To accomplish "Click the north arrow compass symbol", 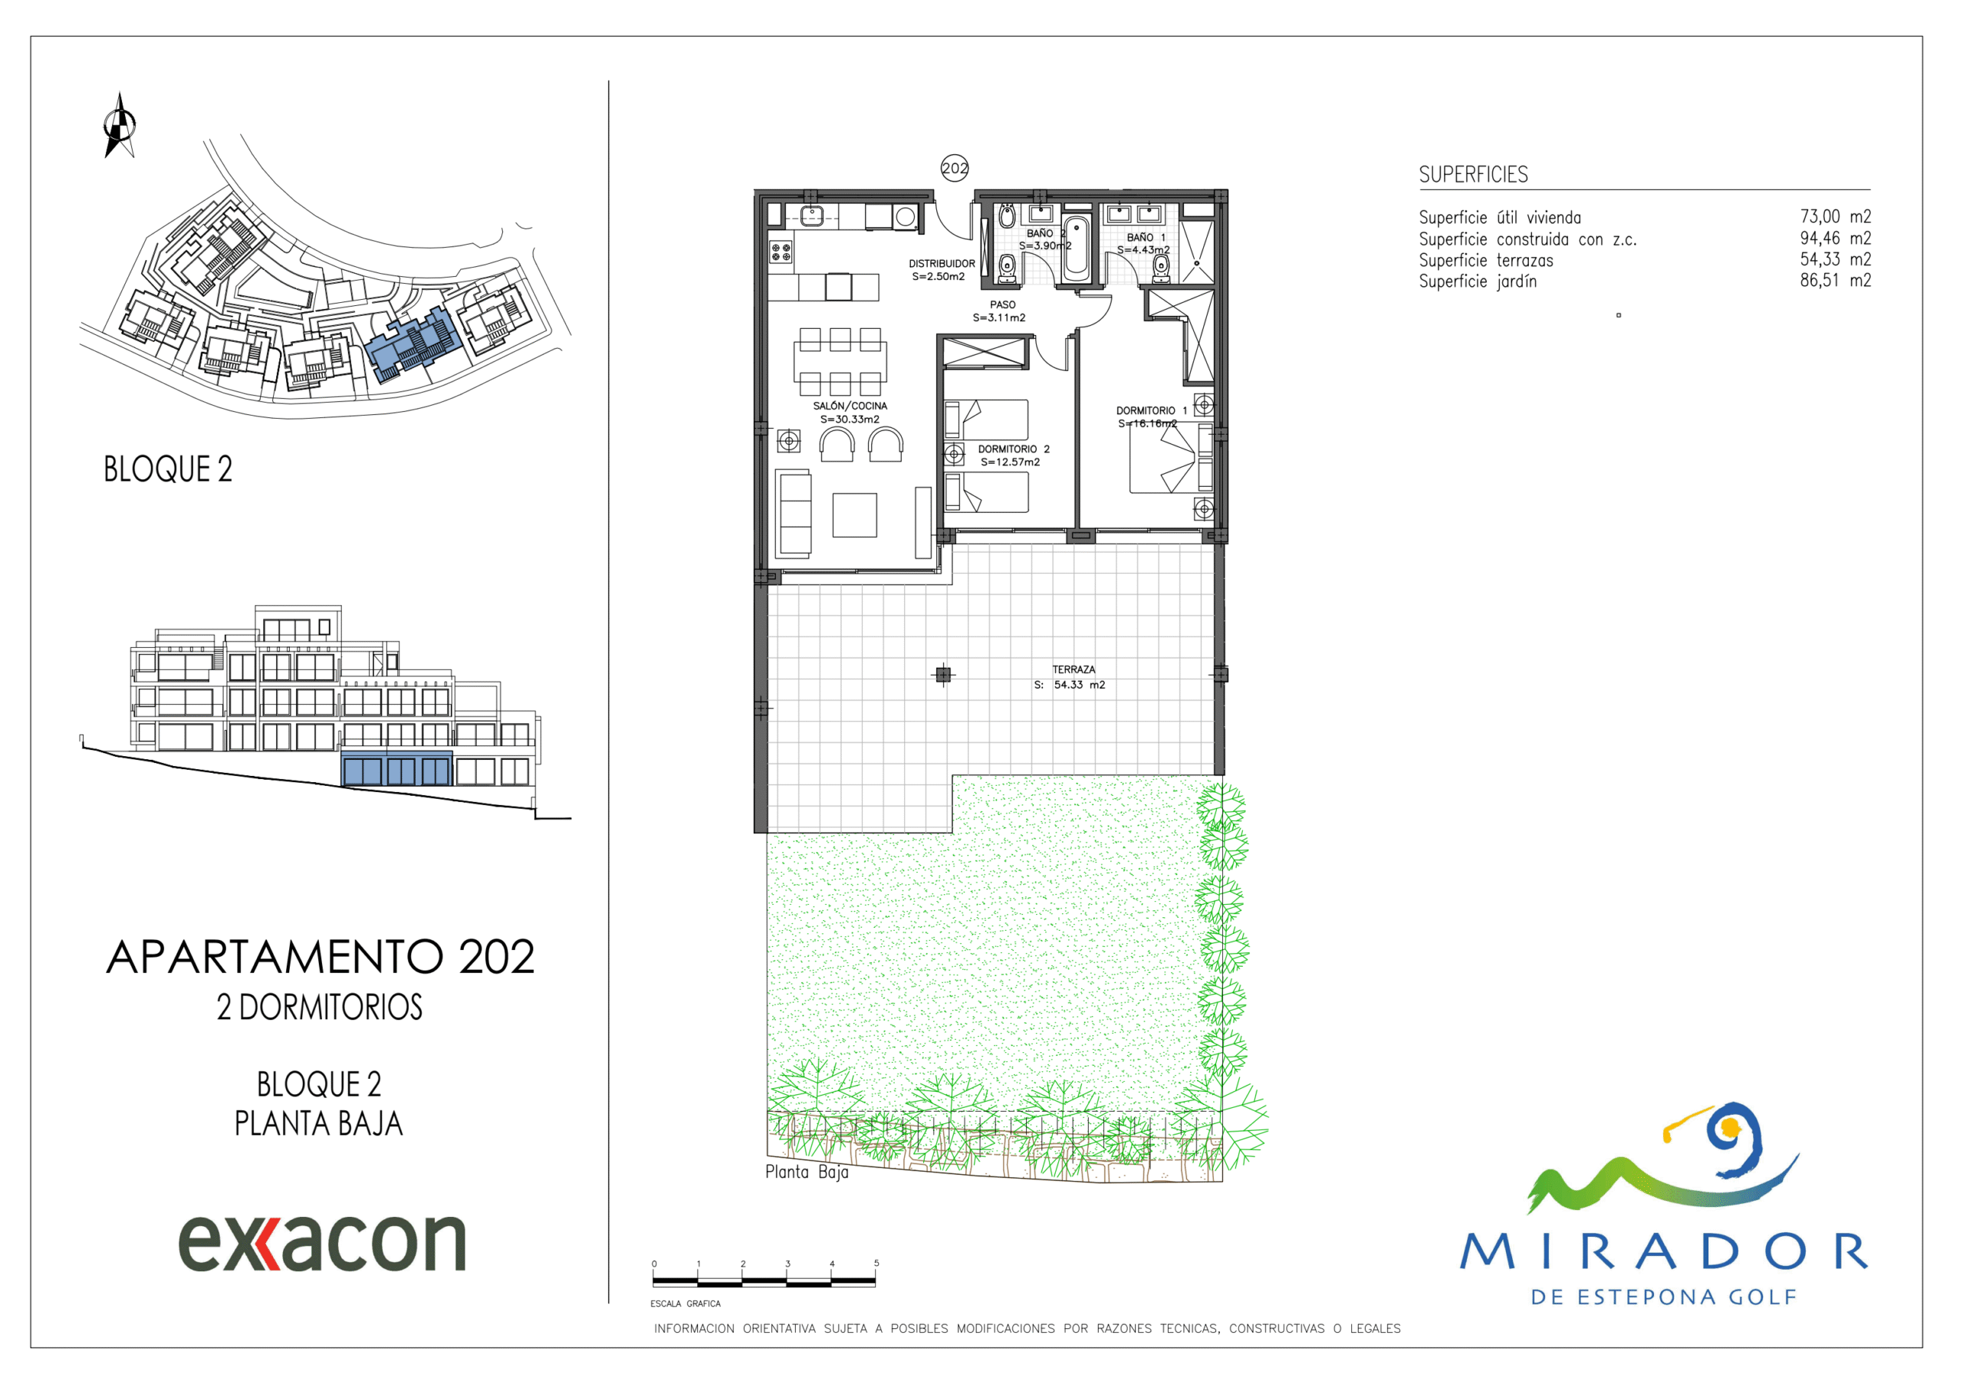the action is (120, 126).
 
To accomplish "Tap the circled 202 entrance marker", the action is (954, 169).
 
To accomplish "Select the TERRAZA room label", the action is (1073, 669).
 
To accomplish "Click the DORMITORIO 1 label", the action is (1151, 410).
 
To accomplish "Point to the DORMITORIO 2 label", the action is (1013, 449).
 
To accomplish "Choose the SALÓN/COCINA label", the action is (850, 406).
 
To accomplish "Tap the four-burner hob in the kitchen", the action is (781, 252).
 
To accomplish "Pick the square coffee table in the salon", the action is (854, 515).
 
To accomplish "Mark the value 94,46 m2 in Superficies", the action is (1835, 238).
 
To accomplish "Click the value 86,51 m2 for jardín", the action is (1835, 281).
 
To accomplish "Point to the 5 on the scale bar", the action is (876, 1263).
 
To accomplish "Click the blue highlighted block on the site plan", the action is (414, 344).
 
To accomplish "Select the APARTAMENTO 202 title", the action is (321, 957).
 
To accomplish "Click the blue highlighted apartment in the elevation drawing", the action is (396, 769).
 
